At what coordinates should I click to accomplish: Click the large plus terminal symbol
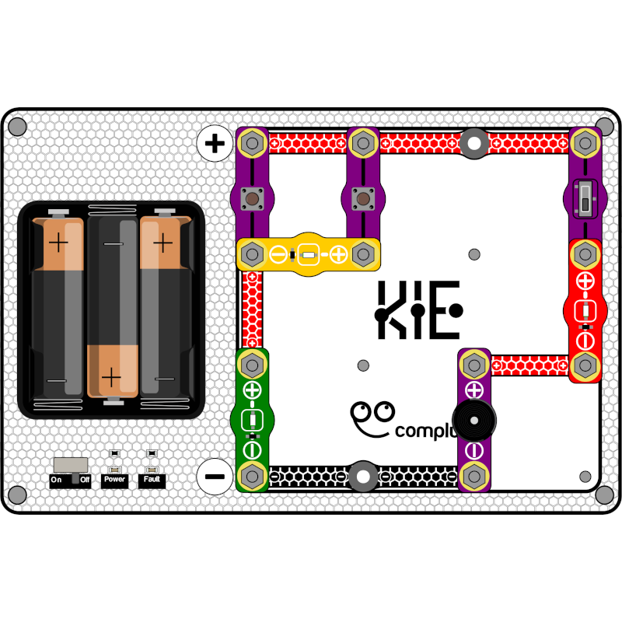pyautogui.click(x=215, y=143)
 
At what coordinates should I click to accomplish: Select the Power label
pyautogui.click(x=114, y=480)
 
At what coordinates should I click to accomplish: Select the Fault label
pyautogui.click(x=153, y=480)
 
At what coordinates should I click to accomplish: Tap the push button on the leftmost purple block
pyautogui.click(x=252, y=199)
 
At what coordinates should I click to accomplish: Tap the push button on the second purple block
pyautogui.click(x=362, y=199)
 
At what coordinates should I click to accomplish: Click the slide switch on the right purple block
pyautogui.click(x=585, y=198)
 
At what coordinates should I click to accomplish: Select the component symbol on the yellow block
pyautogui.click(x=308, y=253)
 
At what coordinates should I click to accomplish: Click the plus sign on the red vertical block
pyautogui.click(x=585, y=280)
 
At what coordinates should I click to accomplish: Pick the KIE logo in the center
pyautogui.click(x=418, y=310)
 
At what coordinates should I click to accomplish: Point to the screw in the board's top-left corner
pyautogui.click(x=17, y=126)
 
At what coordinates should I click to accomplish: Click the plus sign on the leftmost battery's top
pyautogui.click(x=58, y=243)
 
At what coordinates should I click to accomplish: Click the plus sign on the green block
pyautogui.click(x=252, y=390)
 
